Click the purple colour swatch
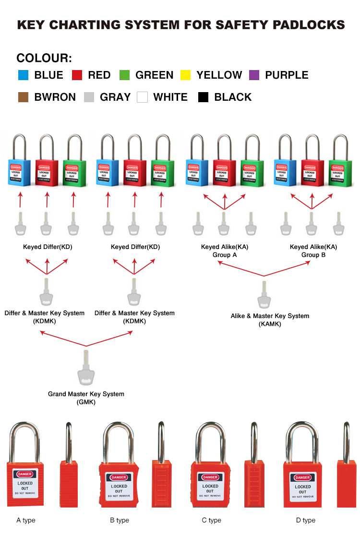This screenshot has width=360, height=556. click(254, 75)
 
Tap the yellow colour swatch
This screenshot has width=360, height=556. click(186, 75)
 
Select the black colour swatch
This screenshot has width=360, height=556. click(204, 97)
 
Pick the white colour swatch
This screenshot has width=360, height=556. click(142, 97)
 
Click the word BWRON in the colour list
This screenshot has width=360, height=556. click(55, 97)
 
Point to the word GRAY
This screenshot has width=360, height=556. click(115, 97)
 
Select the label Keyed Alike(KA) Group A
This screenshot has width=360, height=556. click(225, 251)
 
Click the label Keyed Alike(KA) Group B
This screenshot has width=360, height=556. click(313, 251)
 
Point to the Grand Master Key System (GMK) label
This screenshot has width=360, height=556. click(86, 398)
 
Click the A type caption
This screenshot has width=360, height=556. click(26, 520)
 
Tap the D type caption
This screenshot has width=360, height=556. click(306, 520)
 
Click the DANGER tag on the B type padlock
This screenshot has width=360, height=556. click(119, 477)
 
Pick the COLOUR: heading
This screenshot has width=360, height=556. click(44, 59)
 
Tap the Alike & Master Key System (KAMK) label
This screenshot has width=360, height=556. click(270, 319)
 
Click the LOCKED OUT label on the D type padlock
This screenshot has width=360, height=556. click(303, 489)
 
